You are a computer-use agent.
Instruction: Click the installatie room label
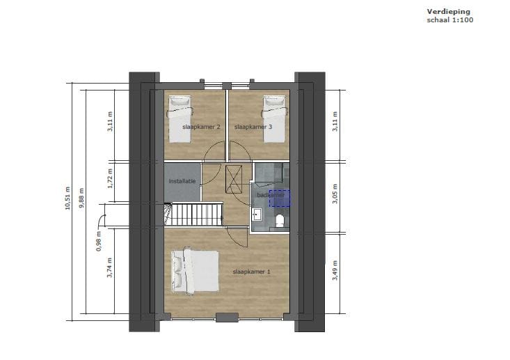click(183, 181)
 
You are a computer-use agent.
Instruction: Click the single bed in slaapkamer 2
click(181, 119)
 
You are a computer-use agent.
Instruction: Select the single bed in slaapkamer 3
click(274, 119)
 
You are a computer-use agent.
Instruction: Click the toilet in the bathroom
click(280, 221)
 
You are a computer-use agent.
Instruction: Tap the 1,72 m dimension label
click(109, 180)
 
